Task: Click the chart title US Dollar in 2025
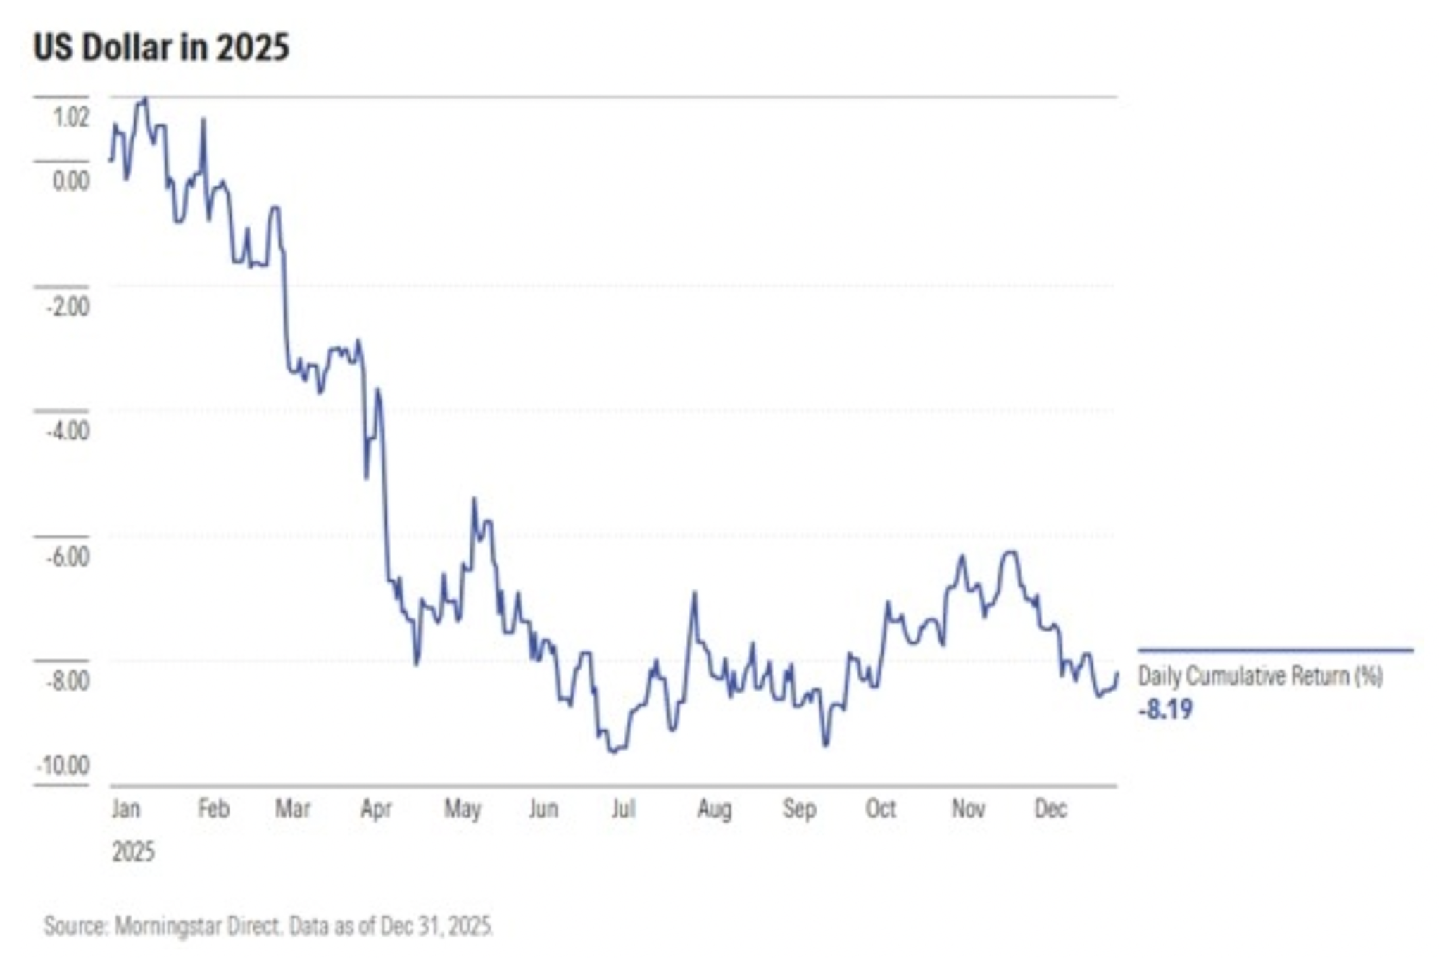click(x=161, y=49)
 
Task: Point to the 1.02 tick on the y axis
click(x=72, y=118)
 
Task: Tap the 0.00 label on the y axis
click(x=71, y=181)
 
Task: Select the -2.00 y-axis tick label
click(x=68, y=306)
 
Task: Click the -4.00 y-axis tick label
click(x=68, y=430)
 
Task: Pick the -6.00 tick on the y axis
click(x=68, y=556)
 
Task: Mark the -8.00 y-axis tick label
click(x=68, y=681)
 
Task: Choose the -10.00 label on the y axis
click(x=63, y=766)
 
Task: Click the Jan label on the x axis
click(x=126, y=808)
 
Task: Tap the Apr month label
click(x=376, y=808)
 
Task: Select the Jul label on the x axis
click(x=623, y=808)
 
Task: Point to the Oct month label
click(x=881, y=808)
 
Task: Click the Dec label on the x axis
click(x=1050, y=808)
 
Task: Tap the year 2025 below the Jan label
click(x=133, y=852)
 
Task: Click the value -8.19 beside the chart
click(x=1166, y=709)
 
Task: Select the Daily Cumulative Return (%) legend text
click(x=1260, y=676)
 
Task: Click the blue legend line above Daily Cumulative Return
click(x=1275, y=650)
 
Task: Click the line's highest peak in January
click(x=144, y=99)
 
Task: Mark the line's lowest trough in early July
click(x=614, y=751)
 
